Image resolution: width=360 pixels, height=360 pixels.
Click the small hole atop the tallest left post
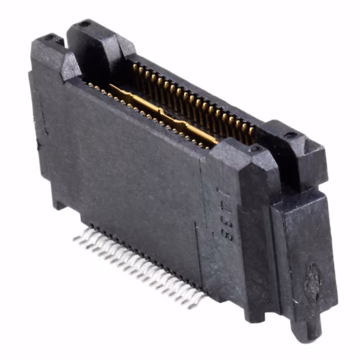[x=84, y=24]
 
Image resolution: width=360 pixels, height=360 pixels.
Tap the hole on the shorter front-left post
[x=49, y=38]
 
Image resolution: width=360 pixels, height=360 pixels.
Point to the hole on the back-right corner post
[x=291, y=135]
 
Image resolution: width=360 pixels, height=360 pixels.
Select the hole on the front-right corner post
[x=256, y=148]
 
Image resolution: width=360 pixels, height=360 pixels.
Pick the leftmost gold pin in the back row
[x=136, y=69]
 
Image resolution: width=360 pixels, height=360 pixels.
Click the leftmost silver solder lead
[x=76, y=238]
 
